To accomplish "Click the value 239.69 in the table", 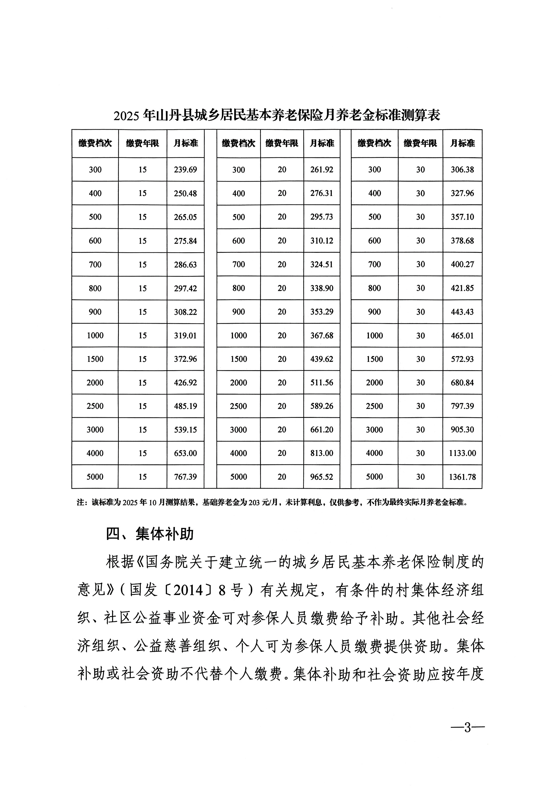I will pos(185,169).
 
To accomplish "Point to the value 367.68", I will pos(322,335).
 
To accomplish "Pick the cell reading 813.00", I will pos(322,453).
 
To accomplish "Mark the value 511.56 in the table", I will pos(322,383).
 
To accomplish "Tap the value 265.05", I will pos(185,217).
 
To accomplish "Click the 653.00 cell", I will pos(185,453).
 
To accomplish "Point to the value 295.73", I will pos(322,217).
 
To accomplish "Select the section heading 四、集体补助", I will pos(150,534).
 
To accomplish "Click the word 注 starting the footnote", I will pos(80,503).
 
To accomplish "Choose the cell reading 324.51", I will pos(322,264).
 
